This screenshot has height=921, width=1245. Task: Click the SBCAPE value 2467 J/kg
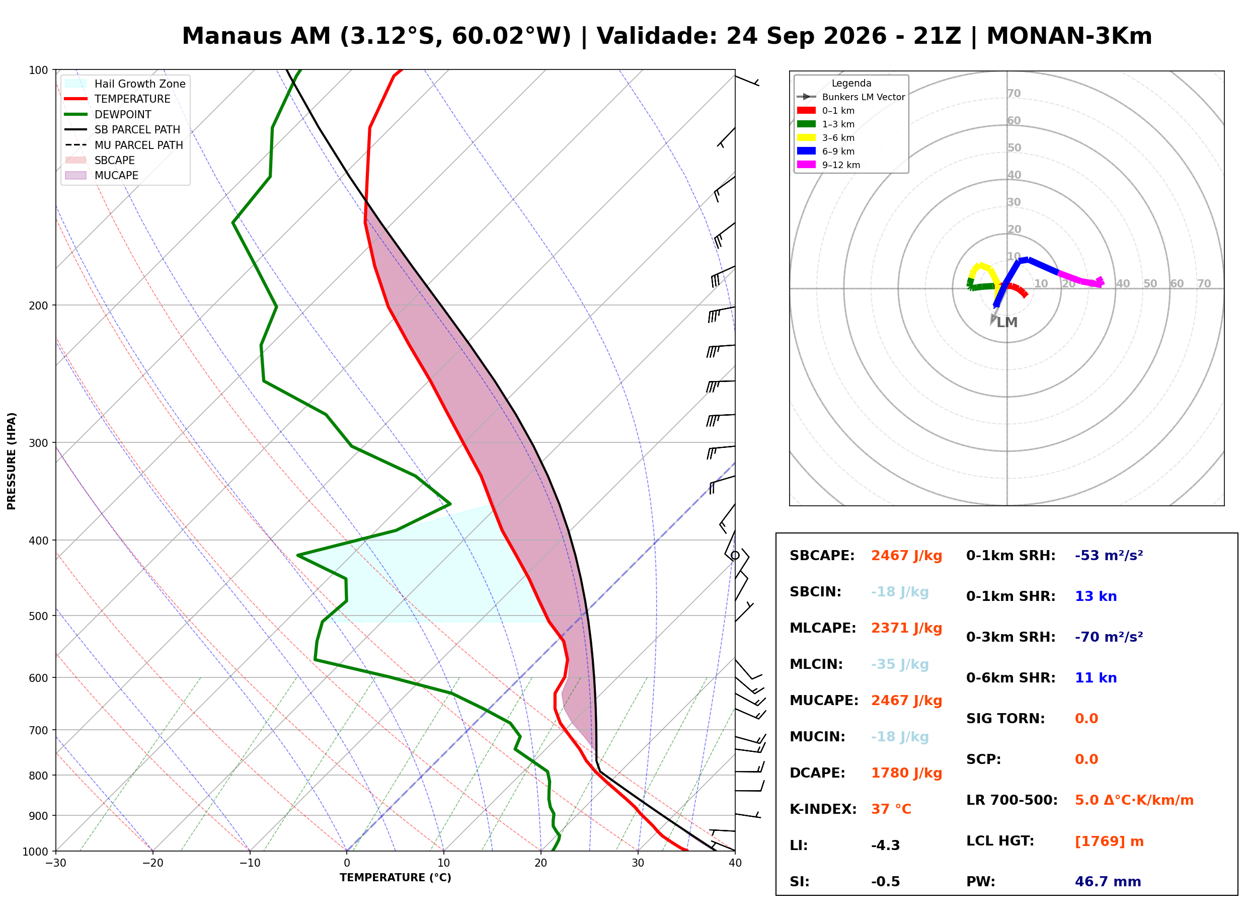point(907,556)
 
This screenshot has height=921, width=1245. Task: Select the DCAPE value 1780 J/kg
point(907,773)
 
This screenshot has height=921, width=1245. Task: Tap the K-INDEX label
point(823,809)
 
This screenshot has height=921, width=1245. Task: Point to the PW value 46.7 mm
point(1108,882)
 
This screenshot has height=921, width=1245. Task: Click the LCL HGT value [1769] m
point(1109,842)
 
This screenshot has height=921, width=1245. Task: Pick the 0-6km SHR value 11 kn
point(1096,678)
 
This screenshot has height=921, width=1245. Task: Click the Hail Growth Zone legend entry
point(125,84)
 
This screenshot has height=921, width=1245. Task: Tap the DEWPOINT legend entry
point(108,114)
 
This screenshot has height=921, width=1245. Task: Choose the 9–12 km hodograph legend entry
point(829,165)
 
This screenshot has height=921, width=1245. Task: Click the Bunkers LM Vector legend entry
point(851,97)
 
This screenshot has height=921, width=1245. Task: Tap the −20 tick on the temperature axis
point(152,863)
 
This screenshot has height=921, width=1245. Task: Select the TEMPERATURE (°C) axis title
point(396,878)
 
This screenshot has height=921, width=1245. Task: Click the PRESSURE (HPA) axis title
point(12,461)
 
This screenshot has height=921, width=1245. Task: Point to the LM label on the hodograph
point(1007,323)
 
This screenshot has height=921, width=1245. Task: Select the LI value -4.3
point(886,846)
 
